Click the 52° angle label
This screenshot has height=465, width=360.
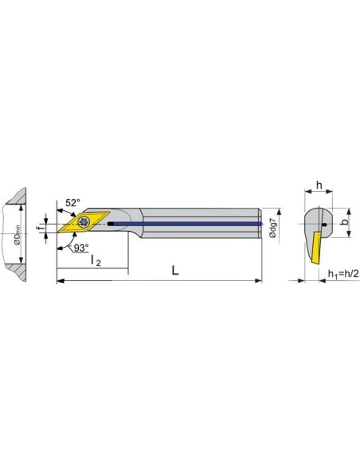tap(72, 203)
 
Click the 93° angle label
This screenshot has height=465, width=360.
tap(81, 248)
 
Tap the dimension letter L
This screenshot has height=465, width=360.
tap(175, 271)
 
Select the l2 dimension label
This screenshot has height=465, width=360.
tap(96, 261)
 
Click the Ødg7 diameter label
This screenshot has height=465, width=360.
tap(272, 227)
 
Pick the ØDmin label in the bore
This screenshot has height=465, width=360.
tap(18, 235)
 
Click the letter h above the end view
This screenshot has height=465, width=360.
tap(319, 186)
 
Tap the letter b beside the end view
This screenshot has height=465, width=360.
tap(345, 222)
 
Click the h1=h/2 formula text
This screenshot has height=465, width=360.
tap(343, 274)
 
